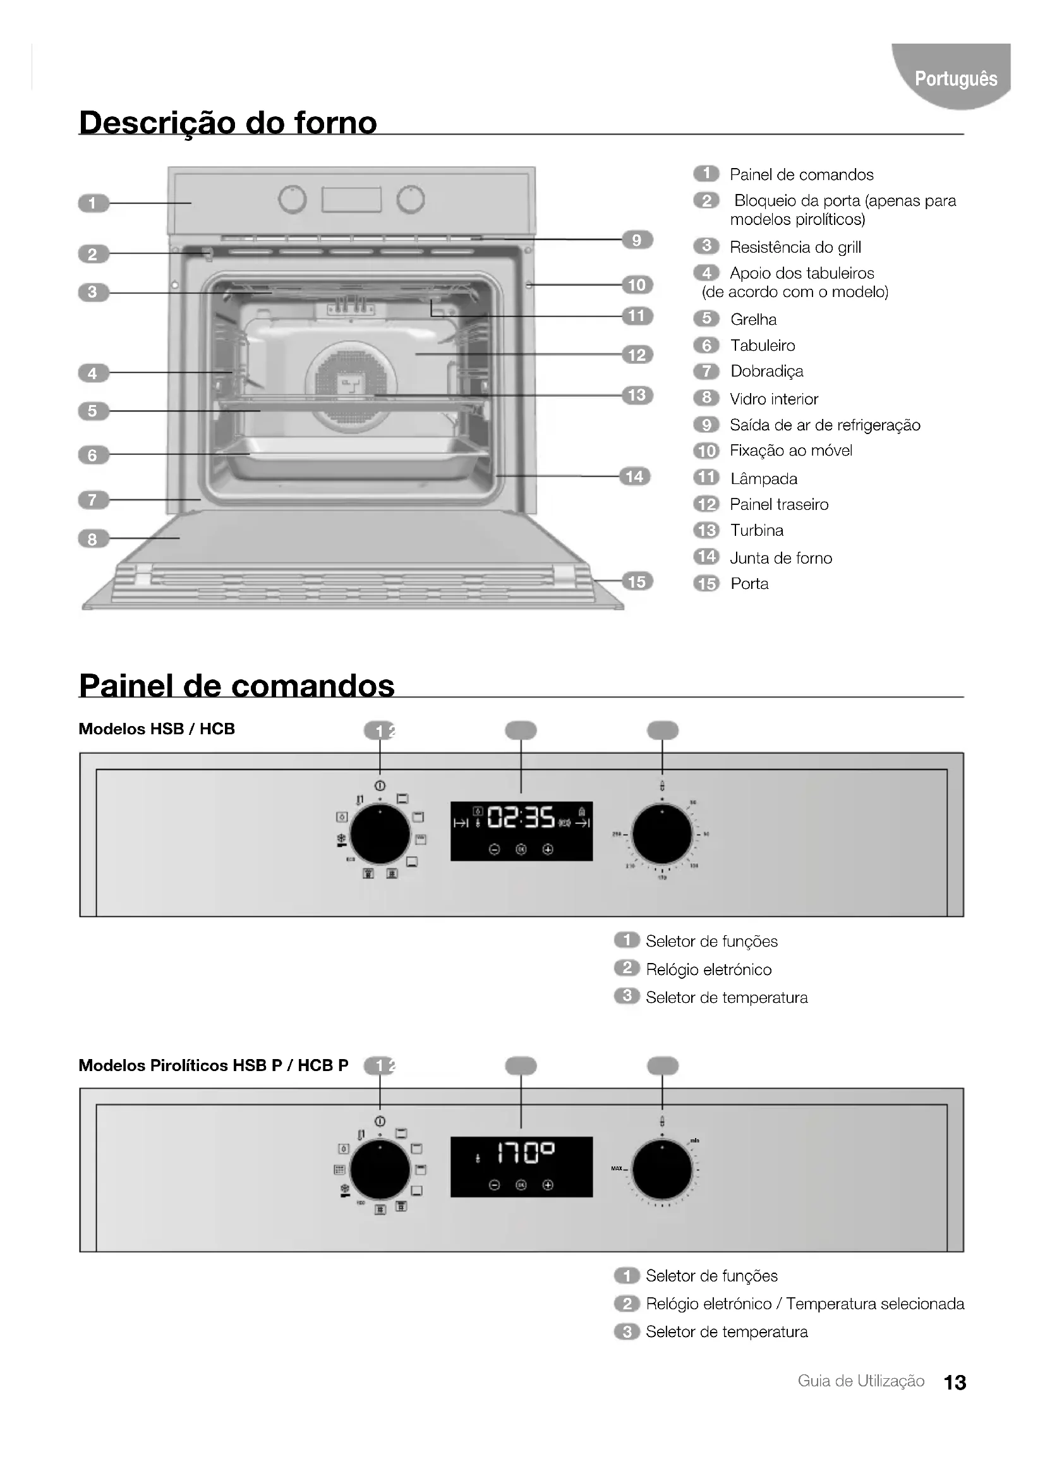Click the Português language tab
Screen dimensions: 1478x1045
click(955, 78)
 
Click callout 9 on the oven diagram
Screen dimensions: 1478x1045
click(637, 240)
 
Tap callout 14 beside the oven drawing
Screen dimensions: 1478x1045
click(634, 476)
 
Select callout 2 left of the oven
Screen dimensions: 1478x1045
click(93, 254)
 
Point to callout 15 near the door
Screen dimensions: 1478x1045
click(637, 582)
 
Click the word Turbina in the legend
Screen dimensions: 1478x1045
click(757, 530)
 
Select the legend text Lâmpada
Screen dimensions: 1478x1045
click(764, 479)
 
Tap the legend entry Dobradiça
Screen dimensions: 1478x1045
click(766, 372)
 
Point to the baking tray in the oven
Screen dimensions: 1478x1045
click(351, 458)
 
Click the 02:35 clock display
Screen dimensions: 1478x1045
click(521, 818)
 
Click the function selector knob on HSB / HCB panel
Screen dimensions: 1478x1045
click(380, 835)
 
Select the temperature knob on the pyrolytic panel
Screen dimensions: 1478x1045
click(662, 1170)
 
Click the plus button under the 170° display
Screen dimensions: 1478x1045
click(548, 1185)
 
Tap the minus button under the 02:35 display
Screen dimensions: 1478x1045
click(494, 850)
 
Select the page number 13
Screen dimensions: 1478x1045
click(955, 1383)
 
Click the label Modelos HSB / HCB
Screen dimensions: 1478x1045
click(156, 729)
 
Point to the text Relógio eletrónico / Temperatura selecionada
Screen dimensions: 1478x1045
click(805, 1304)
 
